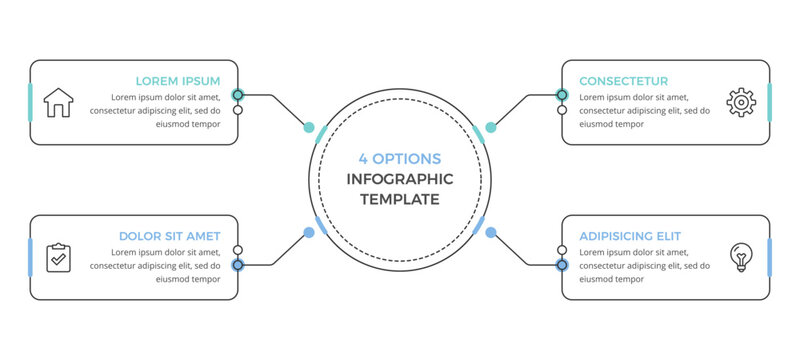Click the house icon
click(59, 103)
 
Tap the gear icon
click(740, 103)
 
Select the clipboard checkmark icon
click(59, 258)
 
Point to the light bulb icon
click(740, 257)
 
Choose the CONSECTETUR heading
click(624, 81)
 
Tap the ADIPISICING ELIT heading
click(630, 236)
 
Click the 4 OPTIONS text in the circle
click(400, 159)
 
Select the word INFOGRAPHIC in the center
click(400, 179)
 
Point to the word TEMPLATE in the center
click(400, 199)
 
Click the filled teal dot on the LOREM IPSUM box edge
click(238, 95)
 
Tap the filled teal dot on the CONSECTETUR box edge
click(562, 95)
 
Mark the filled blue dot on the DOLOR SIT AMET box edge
click(238, 265)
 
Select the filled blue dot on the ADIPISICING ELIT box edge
click(562, 265)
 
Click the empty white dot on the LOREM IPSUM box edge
click(238, 110)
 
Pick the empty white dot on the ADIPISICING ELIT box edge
click(562, 250)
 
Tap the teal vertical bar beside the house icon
click(31, 103)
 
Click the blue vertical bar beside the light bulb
click(769, 258)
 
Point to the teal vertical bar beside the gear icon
click(769, 103)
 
